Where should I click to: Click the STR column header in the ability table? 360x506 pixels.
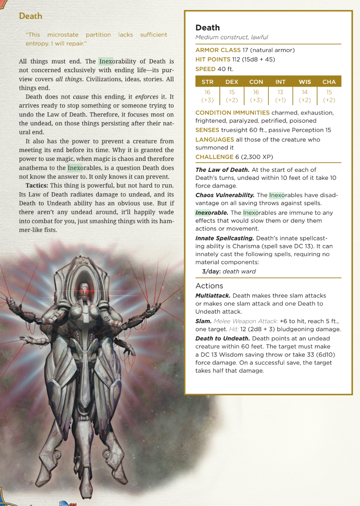coord(207,82)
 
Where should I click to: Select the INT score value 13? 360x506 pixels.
coord(280,92)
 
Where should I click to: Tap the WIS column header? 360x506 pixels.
coord(305,82)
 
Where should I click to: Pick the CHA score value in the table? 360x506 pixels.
coord(329,92)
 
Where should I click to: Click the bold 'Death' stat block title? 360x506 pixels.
coord(207,27)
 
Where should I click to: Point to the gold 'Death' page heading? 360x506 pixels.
coord(30,16)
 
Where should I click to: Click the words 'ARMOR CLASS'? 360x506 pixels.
coord(218,50)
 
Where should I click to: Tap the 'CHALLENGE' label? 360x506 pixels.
coord(214,157)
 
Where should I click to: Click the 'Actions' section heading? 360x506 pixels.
coord(209,286)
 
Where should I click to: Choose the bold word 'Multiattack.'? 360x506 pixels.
coord(213,295)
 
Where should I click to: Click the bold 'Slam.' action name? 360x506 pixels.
coord(203,321)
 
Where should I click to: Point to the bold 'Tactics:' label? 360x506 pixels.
coord(37,185)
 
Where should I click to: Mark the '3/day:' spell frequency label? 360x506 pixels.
coord(211,271)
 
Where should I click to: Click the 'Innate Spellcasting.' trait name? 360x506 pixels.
coord(224,238)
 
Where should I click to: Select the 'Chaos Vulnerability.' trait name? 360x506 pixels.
coord(225,195)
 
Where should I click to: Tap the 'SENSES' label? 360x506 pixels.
coord(207,130)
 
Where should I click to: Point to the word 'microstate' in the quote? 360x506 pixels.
coord(63,34)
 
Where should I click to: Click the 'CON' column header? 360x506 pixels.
coord(256,82)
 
